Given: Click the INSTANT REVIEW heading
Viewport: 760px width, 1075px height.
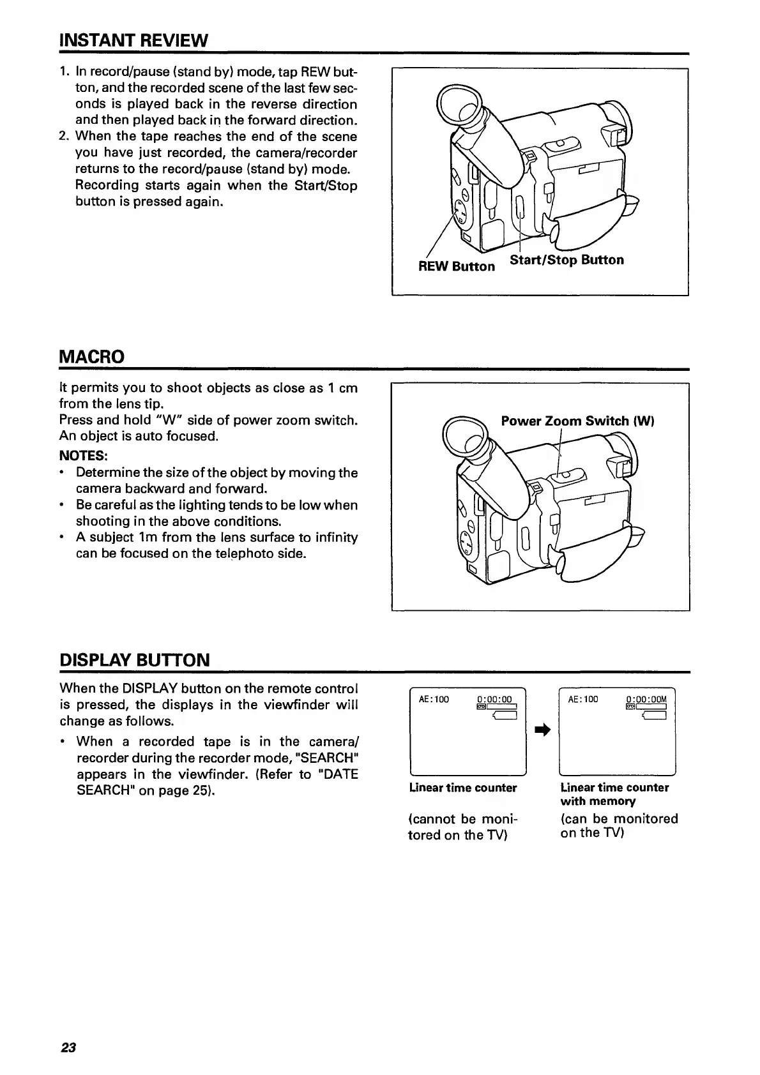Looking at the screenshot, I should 133,41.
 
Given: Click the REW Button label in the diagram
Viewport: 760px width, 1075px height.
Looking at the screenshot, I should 456,266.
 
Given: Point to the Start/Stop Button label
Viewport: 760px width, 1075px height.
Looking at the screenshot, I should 566,260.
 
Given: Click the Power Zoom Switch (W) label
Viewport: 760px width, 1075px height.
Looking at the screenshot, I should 578,421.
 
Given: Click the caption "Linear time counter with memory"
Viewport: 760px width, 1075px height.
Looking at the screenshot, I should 614,794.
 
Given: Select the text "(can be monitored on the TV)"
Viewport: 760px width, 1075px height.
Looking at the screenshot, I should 618,825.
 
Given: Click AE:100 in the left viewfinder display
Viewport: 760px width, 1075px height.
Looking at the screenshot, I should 434,699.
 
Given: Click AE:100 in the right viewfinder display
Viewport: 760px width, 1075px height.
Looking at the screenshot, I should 583,699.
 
